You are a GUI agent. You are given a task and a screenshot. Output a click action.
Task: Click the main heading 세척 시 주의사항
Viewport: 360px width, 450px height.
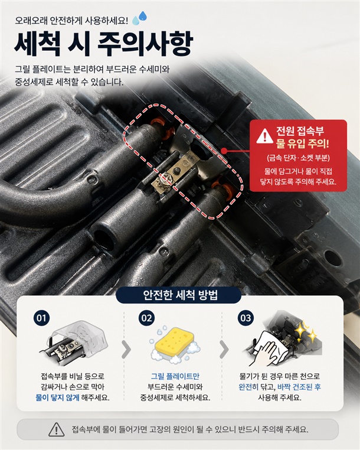[x=104, y=45]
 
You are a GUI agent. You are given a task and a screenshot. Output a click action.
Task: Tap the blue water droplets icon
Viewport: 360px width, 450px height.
[x=139, y=18]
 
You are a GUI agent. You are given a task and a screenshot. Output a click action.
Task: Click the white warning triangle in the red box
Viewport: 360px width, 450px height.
[x=264, y=136]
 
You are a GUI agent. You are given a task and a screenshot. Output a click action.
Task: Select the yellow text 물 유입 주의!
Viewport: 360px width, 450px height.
[x=303, y=143]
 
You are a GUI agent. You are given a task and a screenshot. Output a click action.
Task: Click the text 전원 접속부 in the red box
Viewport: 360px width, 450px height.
[x=300, y=131]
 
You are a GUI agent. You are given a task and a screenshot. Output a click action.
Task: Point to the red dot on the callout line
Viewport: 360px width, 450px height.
[x=225, y=150]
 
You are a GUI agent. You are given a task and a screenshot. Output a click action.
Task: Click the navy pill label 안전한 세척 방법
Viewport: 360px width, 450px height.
[x=178, y=295]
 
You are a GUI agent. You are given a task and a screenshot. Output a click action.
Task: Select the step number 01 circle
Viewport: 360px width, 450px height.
[x=41, y=318]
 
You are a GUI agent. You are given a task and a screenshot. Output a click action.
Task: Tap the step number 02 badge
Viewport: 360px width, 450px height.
[x=146, y=318]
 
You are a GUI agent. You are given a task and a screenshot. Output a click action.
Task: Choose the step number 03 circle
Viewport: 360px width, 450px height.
[x=246, y=318]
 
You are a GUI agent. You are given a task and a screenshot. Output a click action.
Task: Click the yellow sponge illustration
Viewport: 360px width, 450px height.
[x=174, y=344]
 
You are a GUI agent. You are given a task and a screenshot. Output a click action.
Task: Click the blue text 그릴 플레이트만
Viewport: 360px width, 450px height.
[x=175, y=376]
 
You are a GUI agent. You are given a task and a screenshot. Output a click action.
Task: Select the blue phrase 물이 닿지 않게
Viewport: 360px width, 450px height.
[x=57, y=398]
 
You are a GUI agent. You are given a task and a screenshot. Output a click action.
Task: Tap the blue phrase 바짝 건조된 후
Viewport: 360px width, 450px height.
[x=299, y=387]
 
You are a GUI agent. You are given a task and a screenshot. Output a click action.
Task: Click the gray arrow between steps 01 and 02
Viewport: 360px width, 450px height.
[x=126, y=350]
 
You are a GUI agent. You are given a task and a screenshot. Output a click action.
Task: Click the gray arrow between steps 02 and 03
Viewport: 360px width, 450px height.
[x=224, y=350]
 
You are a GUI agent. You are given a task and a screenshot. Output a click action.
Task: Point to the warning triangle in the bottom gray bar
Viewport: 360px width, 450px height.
[x=57, y=429]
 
